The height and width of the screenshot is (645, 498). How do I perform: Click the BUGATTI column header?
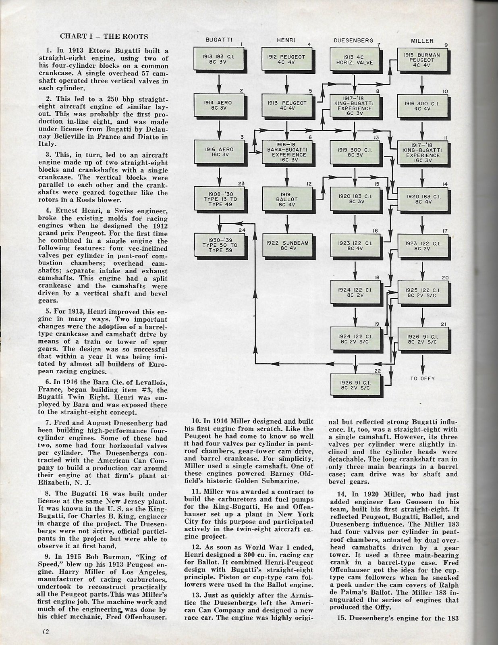point(218,40)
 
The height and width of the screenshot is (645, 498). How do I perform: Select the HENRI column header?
point(286,40)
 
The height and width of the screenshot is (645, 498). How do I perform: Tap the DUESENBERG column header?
point(353,40)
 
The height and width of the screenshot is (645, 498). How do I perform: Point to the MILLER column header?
point(422,41)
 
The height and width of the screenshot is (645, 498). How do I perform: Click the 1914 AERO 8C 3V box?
point(219,106)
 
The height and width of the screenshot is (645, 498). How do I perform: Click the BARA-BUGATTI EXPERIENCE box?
point(287,152)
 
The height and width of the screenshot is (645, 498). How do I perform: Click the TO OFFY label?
point(423,379)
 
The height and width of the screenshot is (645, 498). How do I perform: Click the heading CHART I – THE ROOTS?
point(104,36)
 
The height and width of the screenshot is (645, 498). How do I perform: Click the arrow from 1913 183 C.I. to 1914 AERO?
point(219,83)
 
